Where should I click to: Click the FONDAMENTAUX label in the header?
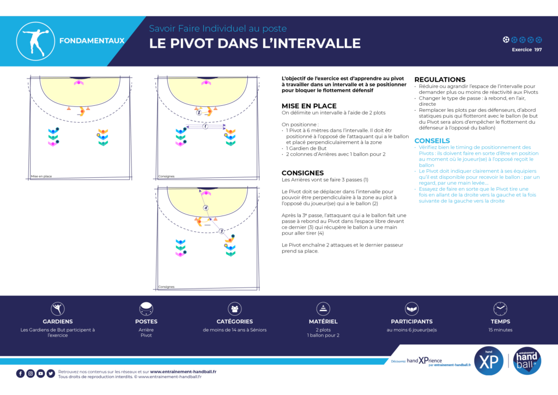pyautogui.click(x=92, y=40)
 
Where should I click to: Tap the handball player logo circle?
pyautogui.click(x=35, y=41)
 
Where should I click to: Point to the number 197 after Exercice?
pyautogui.click(x=538, y=50)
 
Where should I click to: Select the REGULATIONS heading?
pyautogui.click(x=440, y=80)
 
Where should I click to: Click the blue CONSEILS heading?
pyautogui.click(x=432, y=141)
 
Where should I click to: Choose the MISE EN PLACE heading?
pyautogui.click(x=309, y=106)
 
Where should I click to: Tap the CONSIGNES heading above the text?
pyautogui.click(x=302, y=173)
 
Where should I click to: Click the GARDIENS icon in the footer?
pyautogui.click(x=58, y=308)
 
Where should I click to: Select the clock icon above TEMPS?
pyautogui.click(x=500, y=308)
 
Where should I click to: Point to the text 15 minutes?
pyautogui.click(x=500, y=330)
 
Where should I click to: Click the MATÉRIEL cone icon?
pyautogui.click(x=323, y=308)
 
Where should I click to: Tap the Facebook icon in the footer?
pyautogui.click(x=20, y=373)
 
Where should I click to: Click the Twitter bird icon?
pyautogui.click(x=51, y=373)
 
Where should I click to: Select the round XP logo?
pyautogui.click(x=489, y=361)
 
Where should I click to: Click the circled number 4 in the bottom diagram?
pyautogui.click(x=205, y=208)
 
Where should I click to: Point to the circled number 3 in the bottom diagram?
pyautogui.click(x=221, y=231)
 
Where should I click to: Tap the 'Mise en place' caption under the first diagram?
pyautogui.click(x=41, y=176)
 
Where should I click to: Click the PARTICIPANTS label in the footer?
pyautogui.click(x=412, y=321)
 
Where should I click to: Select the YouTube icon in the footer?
pyautogui.click(x=40, y=373)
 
